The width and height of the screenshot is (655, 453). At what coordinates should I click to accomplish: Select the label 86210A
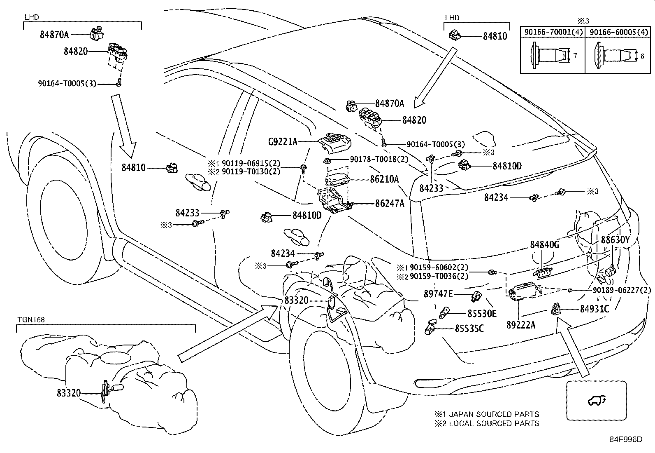pos(384,179)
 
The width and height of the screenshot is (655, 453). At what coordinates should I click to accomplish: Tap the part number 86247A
pos(389,204)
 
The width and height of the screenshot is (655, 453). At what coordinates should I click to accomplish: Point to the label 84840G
pos(544,245)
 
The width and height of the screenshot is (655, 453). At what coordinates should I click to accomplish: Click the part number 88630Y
pos(615,240)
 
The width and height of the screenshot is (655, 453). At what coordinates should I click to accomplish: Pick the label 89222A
pos(521,325)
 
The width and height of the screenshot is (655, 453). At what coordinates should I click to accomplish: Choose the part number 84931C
pos(594,308)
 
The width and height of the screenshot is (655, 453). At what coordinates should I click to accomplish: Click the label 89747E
pos(438,294)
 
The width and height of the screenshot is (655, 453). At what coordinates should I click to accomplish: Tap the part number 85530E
pos(482,314)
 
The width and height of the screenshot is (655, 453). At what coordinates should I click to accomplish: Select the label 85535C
pos(469,329)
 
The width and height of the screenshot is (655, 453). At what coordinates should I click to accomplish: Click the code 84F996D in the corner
pos(626,440)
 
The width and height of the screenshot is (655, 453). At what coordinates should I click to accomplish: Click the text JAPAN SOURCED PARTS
pos(494,414)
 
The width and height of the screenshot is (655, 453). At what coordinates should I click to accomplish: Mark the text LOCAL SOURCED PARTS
pos(494,423)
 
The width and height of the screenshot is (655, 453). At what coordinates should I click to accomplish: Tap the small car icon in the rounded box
pos(596,399)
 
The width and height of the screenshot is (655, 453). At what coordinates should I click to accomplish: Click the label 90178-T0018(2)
pos(379,159)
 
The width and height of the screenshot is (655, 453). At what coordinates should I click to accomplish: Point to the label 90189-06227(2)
pos(622,290)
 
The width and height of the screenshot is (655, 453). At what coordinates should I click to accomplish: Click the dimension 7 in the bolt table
pos(575,56)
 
